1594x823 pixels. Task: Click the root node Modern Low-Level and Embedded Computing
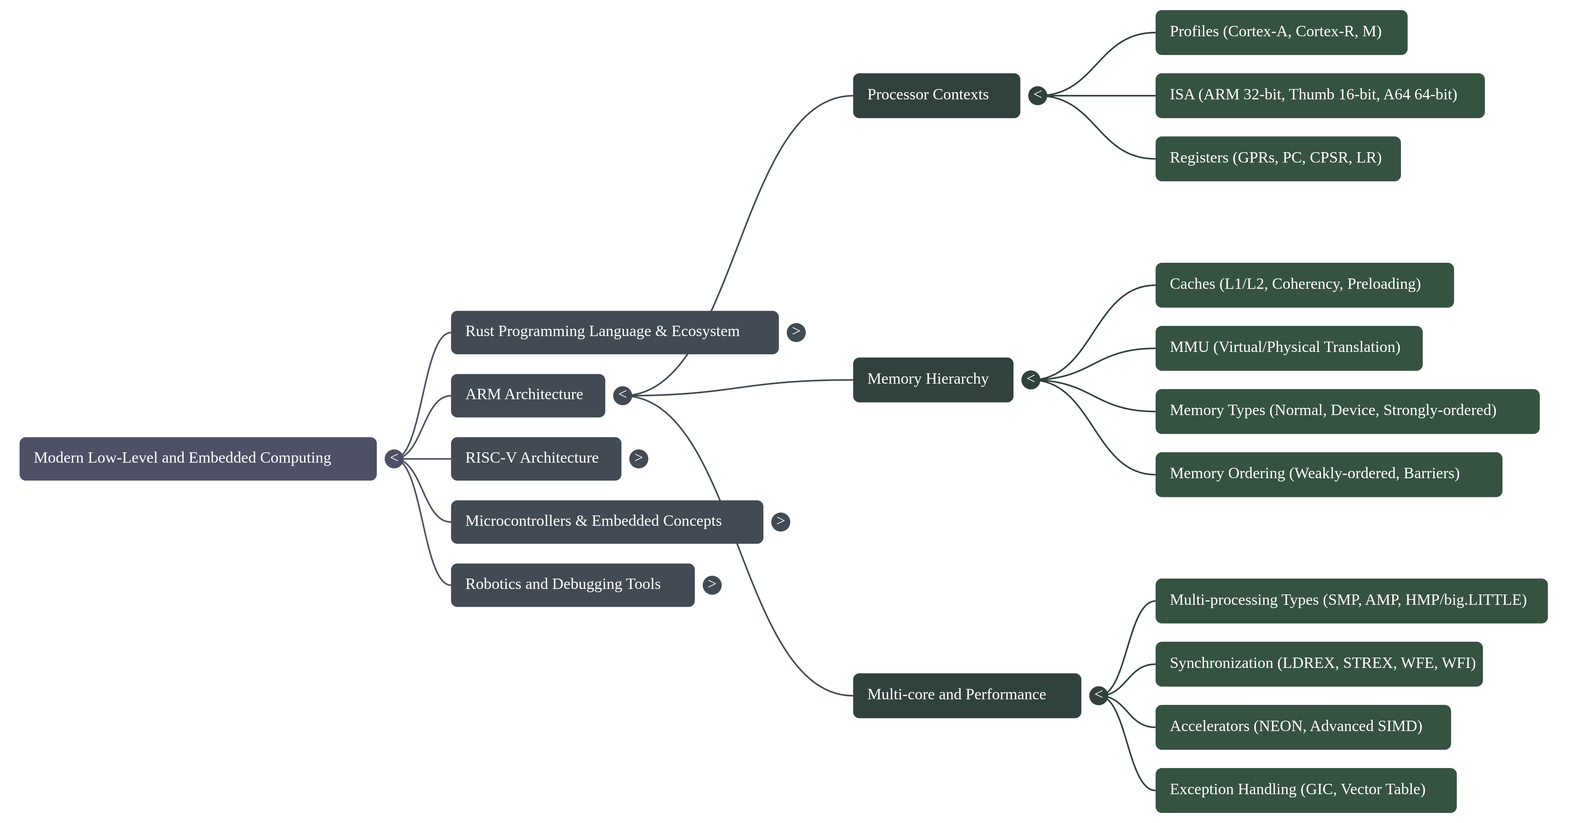[198, 458]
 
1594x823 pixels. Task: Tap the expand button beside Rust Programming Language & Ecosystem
[796, 332]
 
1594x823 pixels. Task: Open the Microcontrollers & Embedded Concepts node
[606, 521]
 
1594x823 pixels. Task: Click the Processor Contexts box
[935, 95]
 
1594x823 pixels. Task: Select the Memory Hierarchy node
[933, 380]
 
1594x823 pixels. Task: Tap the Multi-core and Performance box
[967, 695]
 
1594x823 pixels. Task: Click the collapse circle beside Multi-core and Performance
[1098, 695]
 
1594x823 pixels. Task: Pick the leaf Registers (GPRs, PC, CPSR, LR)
[1277, 158]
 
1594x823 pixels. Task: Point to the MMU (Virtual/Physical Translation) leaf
[1288, 347]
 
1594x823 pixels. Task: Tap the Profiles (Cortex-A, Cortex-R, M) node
[1281, 32]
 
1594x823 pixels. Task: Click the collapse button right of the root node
[394, 458]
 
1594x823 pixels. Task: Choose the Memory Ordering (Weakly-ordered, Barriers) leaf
[1328, 474]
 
